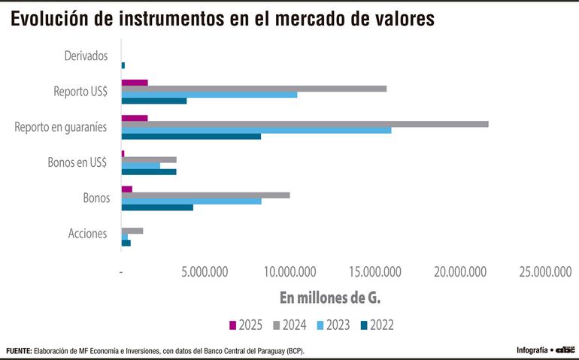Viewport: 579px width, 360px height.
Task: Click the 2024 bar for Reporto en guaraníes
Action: (305, 124)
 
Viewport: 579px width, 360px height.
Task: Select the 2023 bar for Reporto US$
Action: (209, 95)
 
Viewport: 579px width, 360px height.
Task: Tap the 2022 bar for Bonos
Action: (157, 207)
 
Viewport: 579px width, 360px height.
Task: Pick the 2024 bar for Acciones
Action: (132, 231)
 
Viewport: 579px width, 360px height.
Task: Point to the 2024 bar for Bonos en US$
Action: (149, 159)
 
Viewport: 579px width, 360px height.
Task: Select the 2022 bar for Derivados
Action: (123, 65)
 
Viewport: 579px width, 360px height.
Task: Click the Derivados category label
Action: (86, 56)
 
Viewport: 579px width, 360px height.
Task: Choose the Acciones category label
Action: (87, 234)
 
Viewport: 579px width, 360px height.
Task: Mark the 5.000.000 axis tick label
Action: (205, 271)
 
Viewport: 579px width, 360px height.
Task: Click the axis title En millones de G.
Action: (330, 298)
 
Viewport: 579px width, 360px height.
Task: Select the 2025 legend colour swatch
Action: (233, 325)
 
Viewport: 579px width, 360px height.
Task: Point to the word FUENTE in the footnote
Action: (19, 351)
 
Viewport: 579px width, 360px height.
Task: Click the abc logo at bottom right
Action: (565, 350)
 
